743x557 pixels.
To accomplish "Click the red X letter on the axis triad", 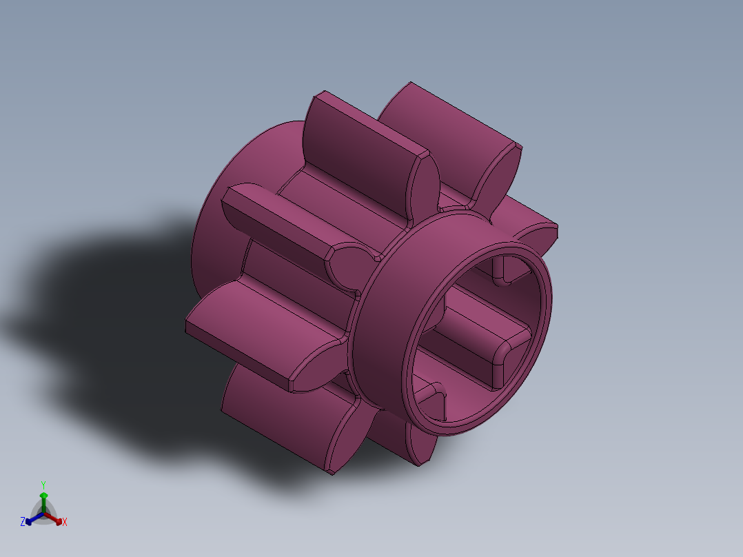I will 64,523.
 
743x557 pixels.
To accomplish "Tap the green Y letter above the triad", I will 43,485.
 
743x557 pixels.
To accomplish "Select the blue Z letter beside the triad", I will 23,522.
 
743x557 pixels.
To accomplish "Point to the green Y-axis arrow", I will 43,501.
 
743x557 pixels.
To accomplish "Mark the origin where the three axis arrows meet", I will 43,514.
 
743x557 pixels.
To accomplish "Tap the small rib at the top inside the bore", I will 502,270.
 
